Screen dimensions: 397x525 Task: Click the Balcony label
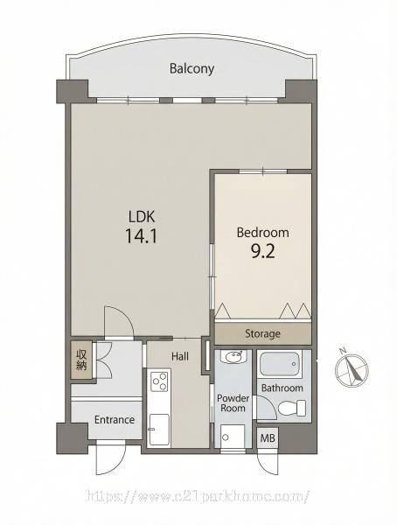tap(192, 68)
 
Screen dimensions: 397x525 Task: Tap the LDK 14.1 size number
tap(142, 235)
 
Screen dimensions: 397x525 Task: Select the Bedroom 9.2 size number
tap(262, 251)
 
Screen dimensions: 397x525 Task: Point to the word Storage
tap(262, 334)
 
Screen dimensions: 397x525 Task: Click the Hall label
tap(180, 356)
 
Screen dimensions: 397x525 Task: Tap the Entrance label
tap(115, 419)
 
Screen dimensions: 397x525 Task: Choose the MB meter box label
tap(268, 437)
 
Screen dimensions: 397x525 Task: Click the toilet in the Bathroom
tap(292, 408)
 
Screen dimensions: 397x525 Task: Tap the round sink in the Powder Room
tap(233, 357)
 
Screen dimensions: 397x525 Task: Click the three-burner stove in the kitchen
tap(159, 381)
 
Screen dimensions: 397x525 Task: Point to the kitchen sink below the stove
tap(159, 430)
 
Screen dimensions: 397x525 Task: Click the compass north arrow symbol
tap(352, 369)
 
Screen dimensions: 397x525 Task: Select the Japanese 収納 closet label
tap(81, 360)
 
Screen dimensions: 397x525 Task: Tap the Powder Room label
tap(233, 403)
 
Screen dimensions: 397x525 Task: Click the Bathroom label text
tap(282, 388)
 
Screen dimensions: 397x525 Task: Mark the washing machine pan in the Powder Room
tap(233, 435)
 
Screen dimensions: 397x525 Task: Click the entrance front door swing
tap(110, 458)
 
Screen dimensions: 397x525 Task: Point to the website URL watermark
tap(198, 496)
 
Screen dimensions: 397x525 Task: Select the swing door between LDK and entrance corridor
tap(119, 322)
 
